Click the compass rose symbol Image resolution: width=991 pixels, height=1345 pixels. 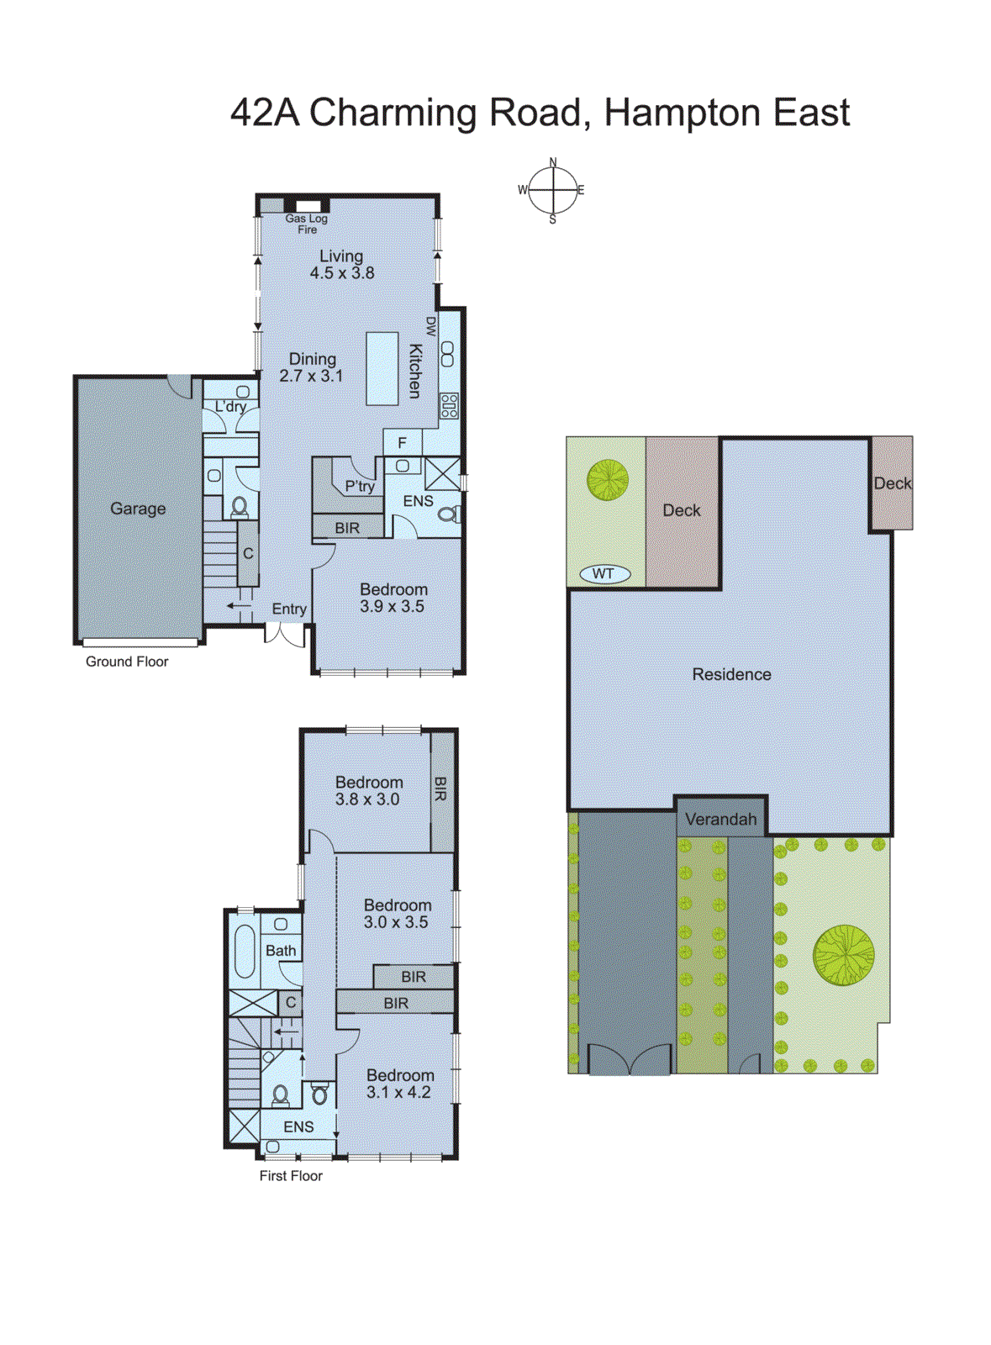click(552, 191)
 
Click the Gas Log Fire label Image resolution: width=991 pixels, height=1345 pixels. click(307, 224)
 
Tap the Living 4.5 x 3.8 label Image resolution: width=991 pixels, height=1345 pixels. click(341, 265)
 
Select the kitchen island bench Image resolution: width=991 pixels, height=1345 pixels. click(382, 368)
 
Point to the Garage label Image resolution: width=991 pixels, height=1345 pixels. click(138, 509)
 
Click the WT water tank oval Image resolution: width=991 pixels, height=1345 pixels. click(604, 574)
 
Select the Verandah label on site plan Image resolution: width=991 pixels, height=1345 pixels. click(720, 819)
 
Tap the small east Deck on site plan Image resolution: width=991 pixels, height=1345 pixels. click(892, 483)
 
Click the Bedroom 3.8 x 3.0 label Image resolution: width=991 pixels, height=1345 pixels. click(368, 791)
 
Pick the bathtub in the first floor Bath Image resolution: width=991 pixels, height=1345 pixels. click(245, 952)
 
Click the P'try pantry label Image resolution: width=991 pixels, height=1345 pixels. click(360, 486)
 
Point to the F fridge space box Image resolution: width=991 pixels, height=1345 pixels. click(403, 443)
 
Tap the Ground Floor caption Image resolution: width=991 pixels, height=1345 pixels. click(127, 662)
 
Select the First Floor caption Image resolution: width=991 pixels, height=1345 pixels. click(291, 1176)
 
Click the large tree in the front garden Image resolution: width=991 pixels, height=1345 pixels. click(843, 955)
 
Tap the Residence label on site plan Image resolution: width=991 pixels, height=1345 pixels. click(731, 674)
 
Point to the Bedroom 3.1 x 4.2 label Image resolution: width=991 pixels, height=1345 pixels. click(399, 1084)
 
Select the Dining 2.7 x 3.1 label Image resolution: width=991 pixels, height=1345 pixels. click(312, 367)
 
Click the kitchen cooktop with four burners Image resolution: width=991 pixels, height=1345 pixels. click(449, 406)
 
